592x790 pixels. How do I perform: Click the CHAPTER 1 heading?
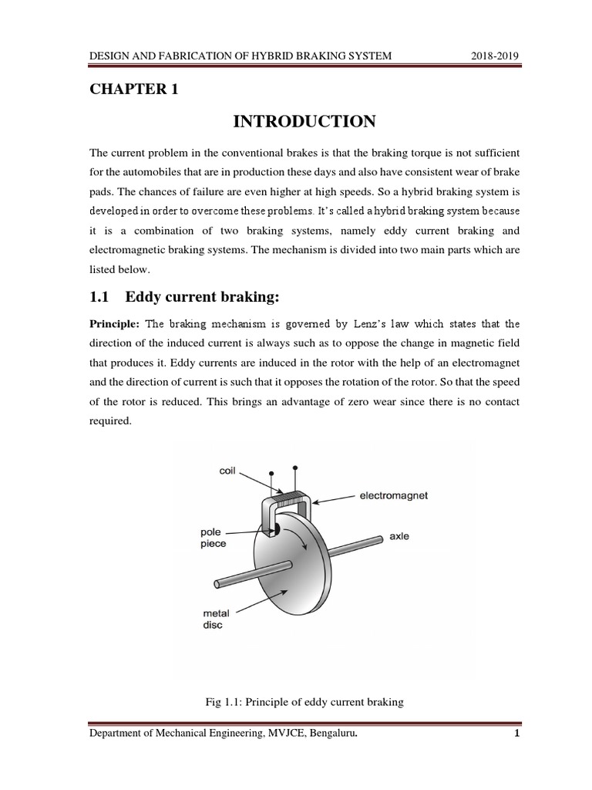[134, 89]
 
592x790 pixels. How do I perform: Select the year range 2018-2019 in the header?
[495, 56]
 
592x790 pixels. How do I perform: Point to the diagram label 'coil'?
[227, 471]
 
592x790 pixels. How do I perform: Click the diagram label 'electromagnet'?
[393, 496]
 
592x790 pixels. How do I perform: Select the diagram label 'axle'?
[399, 536]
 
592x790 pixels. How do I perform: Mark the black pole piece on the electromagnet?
[272, 529]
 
